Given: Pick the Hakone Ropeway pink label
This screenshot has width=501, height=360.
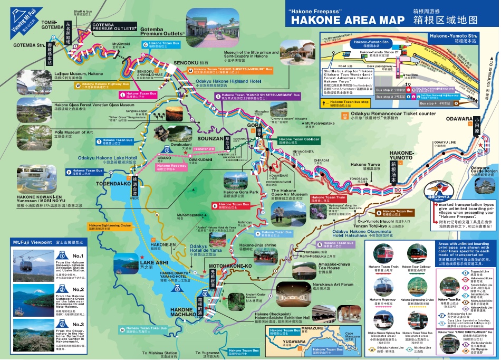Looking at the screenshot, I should pos(171,167).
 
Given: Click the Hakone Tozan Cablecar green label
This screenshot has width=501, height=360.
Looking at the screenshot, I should pos(299,140).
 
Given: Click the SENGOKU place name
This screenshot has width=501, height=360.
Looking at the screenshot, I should pos(182,63).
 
